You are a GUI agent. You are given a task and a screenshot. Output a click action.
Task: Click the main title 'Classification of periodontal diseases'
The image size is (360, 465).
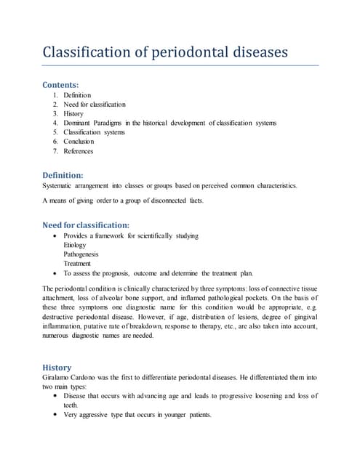(x=166, y=52)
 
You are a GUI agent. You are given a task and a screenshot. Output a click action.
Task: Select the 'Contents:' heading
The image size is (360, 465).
(x=63, y=84)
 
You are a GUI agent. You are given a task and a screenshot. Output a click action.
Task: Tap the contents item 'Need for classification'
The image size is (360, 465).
(x=95, y=105)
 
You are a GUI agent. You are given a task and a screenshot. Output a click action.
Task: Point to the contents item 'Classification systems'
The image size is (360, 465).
(x=94, y=133)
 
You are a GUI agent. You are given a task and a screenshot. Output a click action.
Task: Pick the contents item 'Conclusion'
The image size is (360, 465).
(x=79, y=142)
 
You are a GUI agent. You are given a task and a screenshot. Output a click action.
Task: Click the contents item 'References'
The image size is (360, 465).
(x=79, y=151)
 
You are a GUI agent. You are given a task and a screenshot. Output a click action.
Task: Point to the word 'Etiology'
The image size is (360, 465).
(x=75, y=246)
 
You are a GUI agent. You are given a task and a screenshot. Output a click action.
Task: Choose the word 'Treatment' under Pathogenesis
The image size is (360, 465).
(x=77, y=264)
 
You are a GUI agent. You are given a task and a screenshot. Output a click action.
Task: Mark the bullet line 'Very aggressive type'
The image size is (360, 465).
(x=137, y=415)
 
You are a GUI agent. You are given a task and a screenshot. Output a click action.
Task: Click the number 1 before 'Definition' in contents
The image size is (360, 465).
(x=56, y=95)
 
